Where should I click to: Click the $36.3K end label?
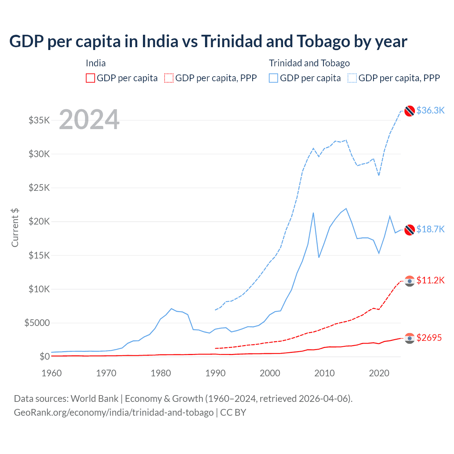(430, 110)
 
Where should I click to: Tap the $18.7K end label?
(430, 229)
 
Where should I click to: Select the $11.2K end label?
(430, 280)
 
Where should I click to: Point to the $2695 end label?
(429, 338)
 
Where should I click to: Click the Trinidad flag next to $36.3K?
(410, 111)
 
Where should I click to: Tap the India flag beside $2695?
(410, 338)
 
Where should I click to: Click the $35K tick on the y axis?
(39, 120)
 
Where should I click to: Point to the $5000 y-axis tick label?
(37, 323)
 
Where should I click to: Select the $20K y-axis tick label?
(39, 222)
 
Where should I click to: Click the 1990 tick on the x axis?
(215, 373)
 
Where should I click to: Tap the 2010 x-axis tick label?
(325, 373)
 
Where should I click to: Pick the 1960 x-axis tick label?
(52, 373)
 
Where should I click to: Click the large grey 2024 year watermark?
(89, 120)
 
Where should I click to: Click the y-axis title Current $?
(15, 228)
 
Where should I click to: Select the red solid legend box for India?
(90, 78)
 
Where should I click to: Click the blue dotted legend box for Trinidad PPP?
(352, 78)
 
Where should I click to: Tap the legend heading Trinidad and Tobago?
(309, 63)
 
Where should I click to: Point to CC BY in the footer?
(233, 413)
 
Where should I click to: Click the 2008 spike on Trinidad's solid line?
(313, 213)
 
